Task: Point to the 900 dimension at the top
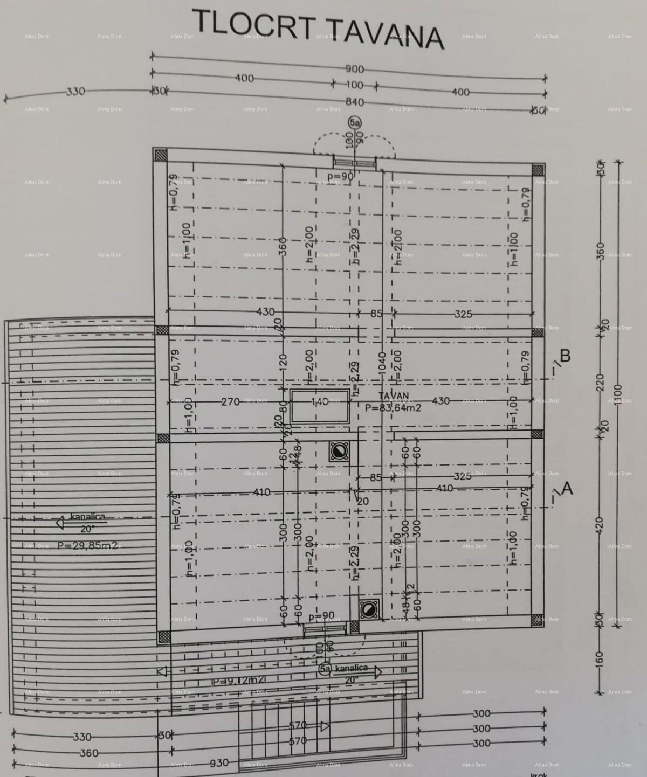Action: pos(354,69)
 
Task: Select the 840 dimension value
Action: pos(354,102)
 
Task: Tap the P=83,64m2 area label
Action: pos(393,408)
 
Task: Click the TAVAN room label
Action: pos(394,396)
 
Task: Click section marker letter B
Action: pos(565,356)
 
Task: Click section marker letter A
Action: pos(567,488)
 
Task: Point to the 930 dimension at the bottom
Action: pos(219,763)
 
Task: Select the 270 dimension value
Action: pos(231,401)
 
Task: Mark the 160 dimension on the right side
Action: pos(600,658)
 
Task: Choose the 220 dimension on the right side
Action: pos(600,382)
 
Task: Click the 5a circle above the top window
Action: pos(354,123)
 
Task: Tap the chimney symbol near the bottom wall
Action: pos(369,609)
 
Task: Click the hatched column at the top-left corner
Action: pos(160,155)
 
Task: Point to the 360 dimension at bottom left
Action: pos(88,753)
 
